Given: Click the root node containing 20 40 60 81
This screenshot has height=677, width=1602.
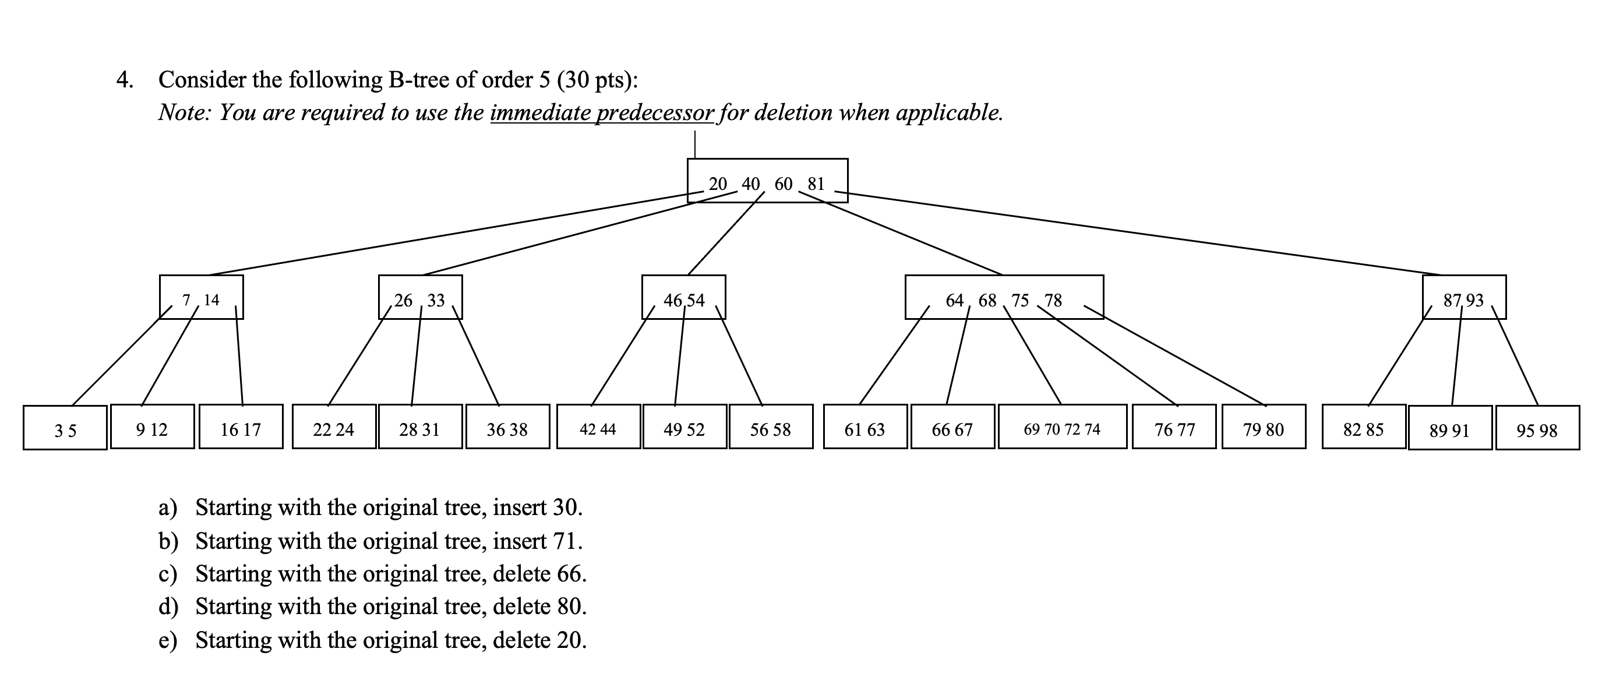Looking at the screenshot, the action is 767,181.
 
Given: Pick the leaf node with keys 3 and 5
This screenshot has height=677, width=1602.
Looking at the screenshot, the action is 65,428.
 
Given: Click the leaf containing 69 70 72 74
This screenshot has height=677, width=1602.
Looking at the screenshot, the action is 1062,427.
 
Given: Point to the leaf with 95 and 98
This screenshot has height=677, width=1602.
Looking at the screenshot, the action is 1537,428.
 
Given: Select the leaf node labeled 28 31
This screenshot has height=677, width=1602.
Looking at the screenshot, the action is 421,427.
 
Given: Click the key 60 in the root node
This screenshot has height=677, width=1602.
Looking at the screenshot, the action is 784,184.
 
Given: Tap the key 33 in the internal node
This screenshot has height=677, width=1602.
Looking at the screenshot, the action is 436,301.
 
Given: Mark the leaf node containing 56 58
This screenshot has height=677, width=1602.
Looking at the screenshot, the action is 771,427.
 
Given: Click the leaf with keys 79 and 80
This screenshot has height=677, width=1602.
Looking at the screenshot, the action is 1264,427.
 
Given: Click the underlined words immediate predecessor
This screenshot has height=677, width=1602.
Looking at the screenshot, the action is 602,112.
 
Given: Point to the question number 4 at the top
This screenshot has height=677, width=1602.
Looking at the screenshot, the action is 125,80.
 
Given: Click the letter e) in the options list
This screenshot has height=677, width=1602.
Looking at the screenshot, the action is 168,640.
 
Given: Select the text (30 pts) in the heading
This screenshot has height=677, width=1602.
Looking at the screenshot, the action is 592,80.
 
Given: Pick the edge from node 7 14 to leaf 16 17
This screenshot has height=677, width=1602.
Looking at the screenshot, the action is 239,355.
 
